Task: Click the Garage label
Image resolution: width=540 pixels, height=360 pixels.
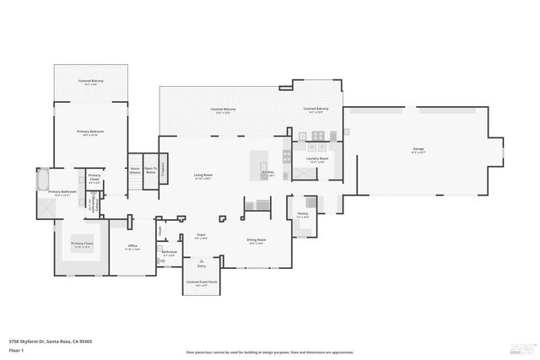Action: tap(418, 149)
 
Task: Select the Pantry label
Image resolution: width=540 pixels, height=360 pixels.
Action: tap(303, 213)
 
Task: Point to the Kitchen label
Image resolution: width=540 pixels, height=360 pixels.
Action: tap(268, 172)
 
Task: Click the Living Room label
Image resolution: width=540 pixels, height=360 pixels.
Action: tap(203, 175)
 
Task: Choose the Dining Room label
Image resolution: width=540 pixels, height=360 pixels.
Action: tap(256, 240)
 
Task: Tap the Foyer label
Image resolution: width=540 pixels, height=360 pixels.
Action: tap(202, 236)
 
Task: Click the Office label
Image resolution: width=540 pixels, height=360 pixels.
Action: tap(132, 246)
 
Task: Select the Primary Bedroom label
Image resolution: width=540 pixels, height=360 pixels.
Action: tap(90, 132)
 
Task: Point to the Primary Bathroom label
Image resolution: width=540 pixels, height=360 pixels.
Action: tap(62, 192)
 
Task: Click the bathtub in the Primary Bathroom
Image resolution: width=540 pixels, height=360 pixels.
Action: tap(43, 179)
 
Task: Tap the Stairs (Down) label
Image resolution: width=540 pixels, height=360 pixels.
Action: tap(135, 169)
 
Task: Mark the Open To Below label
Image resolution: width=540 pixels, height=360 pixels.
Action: tap(150, 169)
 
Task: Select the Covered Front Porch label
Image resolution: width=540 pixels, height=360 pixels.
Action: tap(202, 282)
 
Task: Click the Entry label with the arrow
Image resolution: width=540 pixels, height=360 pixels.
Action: tap(202, 266)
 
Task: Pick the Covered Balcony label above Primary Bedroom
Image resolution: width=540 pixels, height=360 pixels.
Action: tap(91, 81)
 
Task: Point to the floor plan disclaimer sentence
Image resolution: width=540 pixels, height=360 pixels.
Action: tap(270, 352)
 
